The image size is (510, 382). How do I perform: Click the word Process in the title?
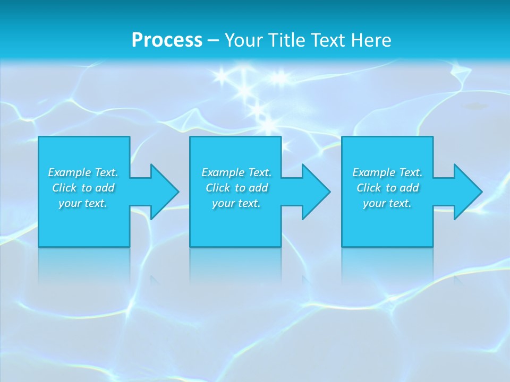(x=167, y=40)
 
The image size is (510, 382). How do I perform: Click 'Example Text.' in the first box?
(x=83, y=172)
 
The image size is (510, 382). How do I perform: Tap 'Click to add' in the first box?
(x=83, y=188)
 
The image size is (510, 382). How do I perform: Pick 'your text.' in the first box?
(x=83, y=203)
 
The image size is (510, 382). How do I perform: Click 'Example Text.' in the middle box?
(x=236, y=172)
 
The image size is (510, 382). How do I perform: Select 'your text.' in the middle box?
(x=236, y=203)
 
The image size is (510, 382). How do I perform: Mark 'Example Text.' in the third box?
(x=387, y=172)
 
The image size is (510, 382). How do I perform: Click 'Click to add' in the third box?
(x=388, y=188)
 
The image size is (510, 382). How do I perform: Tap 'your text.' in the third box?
(x=387, y=203)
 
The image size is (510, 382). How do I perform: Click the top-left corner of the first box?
(x=39, y=137)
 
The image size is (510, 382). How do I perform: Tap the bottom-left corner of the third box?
(x=342, y=246)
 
